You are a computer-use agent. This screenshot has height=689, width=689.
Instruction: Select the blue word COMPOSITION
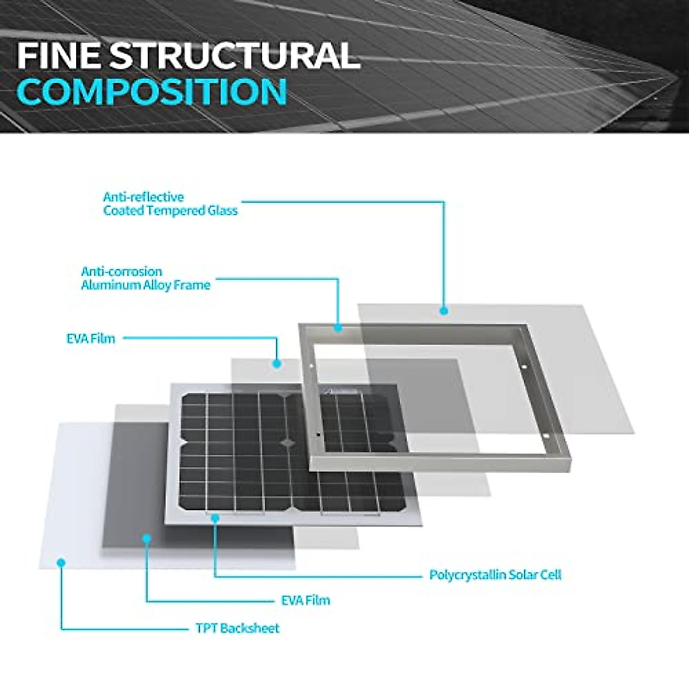tap(152, 92)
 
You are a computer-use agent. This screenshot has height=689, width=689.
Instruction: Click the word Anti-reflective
tap(144, 197)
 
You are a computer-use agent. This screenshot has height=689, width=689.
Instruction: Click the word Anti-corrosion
tap(122, 272)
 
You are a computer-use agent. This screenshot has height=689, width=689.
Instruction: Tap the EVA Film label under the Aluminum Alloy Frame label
tap(91, 339)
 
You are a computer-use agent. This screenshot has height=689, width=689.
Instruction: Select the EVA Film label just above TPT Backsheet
tap(305, 601)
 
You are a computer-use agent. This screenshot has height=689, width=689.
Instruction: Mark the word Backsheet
tap(250, 628)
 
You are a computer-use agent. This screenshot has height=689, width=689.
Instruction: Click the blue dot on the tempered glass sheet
tap(444, 311)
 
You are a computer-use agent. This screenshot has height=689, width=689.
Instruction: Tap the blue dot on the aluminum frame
tap(339, 328)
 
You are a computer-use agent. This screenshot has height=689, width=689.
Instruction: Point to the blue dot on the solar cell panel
tap(215, 518)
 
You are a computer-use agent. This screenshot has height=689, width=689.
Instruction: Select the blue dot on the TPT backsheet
tap(61, 563)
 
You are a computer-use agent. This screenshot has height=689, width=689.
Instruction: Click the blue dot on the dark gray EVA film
tap(147, 539)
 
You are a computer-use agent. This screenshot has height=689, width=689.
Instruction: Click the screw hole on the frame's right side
tap(524, 367)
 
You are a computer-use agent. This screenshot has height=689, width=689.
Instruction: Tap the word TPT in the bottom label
tap(206, 628)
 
